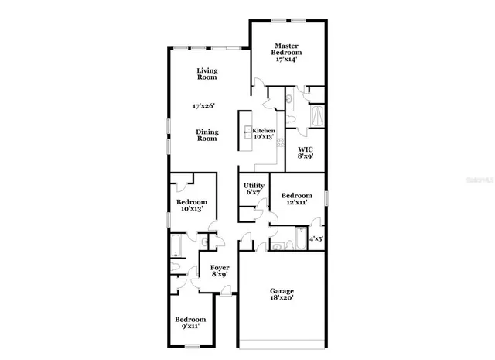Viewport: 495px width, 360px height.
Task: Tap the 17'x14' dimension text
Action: point(287,59)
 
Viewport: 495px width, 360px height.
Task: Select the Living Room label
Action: point(207,74)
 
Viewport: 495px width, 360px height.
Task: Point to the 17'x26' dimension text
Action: point(204,105)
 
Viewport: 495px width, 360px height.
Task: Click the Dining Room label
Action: point(207,135)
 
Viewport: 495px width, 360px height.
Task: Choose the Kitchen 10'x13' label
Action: point(264,134)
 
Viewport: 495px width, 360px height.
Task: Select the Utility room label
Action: point(254,186)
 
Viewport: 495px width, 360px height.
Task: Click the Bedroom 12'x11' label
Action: point(296,199)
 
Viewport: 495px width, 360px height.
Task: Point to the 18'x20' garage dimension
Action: point(282,299)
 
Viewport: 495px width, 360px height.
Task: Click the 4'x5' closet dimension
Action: point(316,240)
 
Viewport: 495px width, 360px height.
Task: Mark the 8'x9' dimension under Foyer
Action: point(220,276)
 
